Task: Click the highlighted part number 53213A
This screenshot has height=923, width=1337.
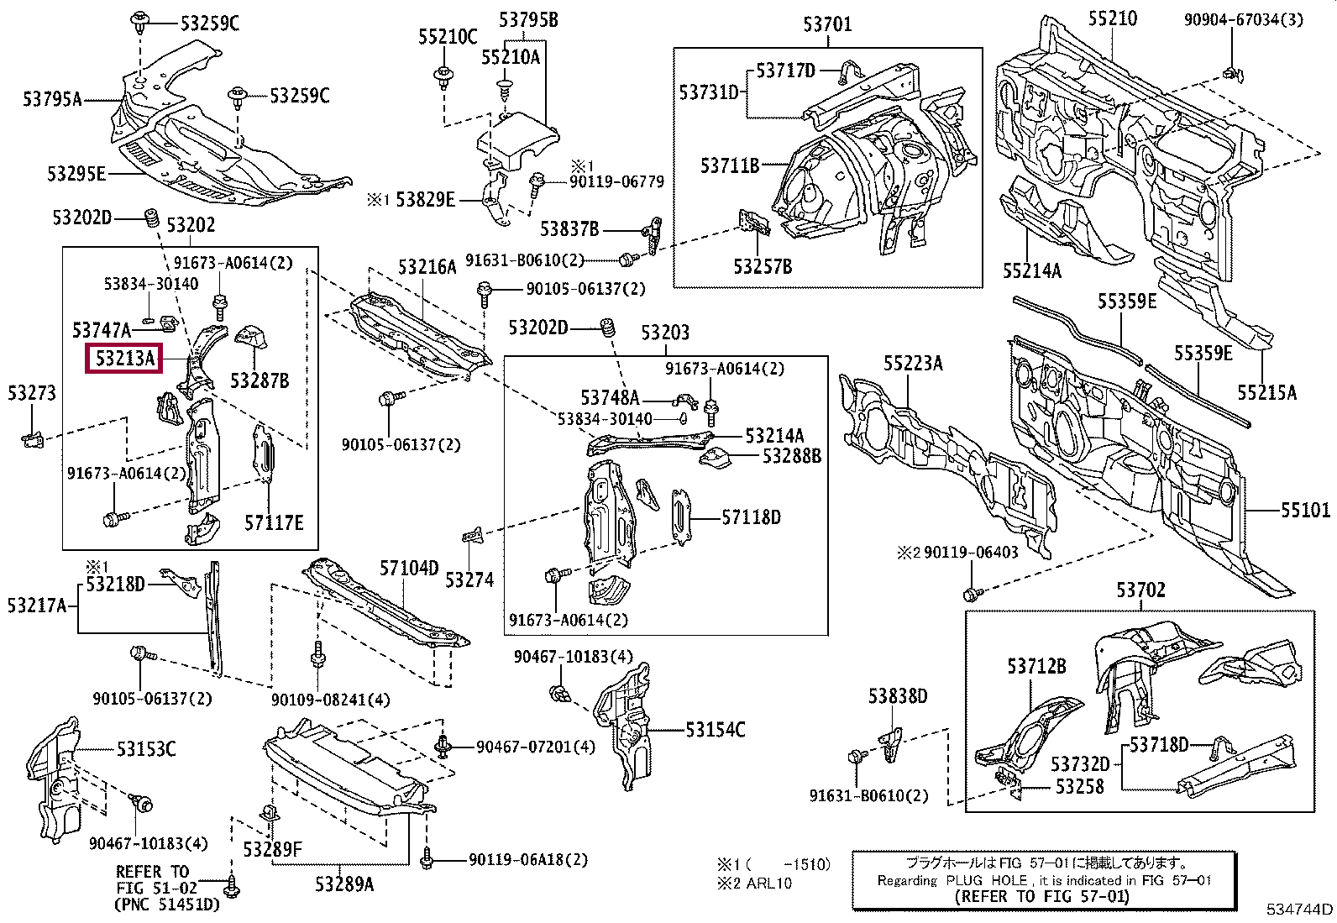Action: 125,359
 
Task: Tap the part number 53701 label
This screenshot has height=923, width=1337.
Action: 826,24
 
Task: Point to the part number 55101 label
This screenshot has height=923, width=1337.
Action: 1305,510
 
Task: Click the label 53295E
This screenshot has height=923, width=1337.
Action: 76,174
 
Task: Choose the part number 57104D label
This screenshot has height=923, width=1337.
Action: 409,569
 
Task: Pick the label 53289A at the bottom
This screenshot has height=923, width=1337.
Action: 344,884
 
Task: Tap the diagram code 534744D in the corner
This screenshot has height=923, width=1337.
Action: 1300,909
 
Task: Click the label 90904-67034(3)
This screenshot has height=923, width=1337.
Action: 1243,19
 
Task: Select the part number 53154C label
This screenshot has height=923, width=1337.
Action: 715,730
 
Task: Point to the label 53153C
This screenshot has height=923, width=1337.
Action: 146,748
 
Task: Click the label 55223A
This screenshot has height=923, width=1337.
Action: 912,363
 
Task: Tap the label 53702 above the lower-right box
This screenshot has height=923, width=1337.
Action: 1140,590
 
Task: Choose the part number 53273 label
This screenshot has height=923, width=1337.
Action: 32,392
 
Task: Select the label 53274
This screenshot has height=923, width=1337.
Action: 469,579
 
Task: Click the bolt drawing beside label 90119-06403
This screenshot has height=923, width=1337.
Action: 972,594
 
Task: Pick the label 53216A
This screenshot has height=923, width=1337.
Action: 427,267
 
